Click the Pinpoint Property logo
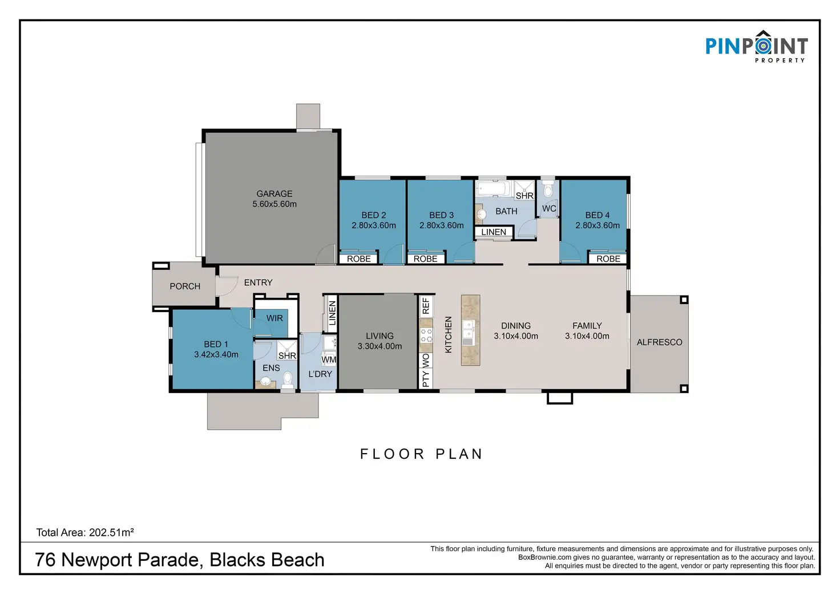pos(756,46)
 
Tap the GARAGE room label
pos(274,193)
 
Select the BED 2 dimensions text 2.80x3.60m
pos(374,225)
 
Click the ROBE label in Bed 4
pos(608,258)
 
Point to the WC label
pos(549,208)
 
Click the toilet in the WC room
pos(548,189)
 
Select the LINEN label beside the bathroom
pos(494,232)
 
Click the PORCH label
pos(185,286)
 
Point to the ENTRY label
pos(259,282)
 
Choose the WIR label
pos(274,318)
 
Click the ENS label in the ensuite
pos(271,368)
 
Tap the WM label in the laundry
pos(329,359)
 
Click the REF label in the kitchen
pos(426,306)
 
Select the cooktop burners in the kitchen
pos(426,336)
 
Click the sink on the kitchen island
pos(468,333)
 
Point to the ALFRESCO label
pos(659,342)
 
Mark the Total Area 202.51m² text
pos(85,532)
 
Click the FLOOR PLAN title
pos(422,454)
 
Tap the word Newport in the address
pos(97,560)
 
